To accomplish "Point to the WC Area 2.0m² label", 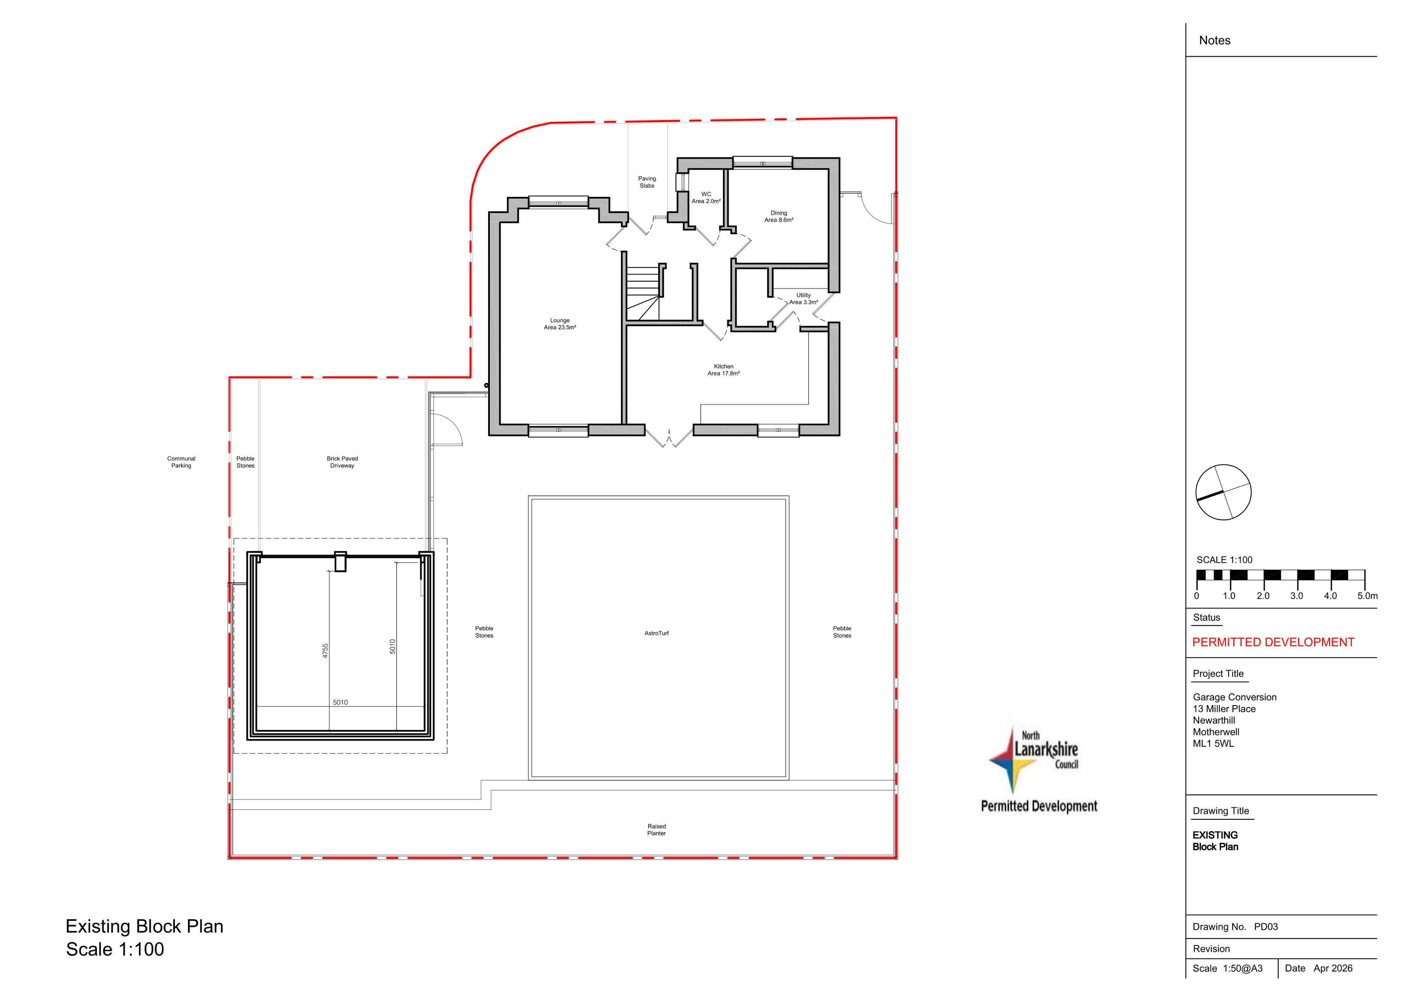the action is click(706, 198).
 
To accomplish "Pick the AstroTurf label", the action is click(656, 633).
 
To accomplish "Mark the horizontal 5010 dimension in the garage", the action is click(340, 702).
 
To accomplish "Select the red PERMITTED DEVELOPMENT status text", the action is click(1273, 642).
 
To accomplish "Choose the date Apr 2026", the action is click(1333, 968).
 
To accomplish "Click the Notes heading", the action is click(1215, 41).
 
